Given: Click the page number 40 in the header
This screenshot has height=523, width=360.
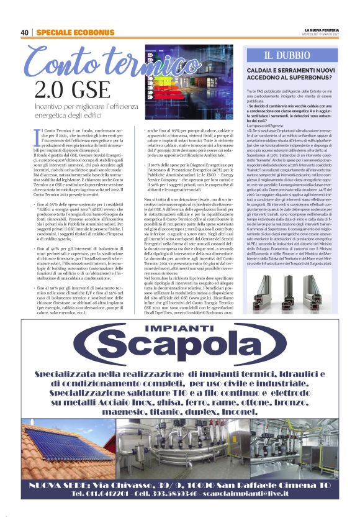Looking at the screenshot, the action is (25, 32).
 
